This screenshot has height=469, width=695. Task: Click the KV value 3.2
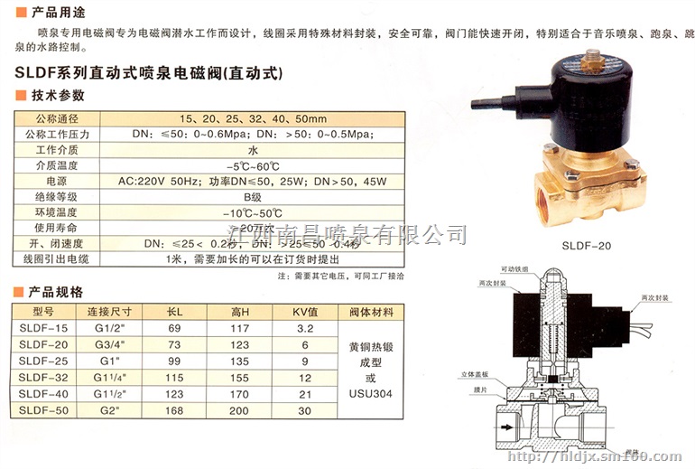[x=305, y=328]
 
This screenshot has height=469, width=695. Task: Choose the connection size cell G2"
[x=110, y=410]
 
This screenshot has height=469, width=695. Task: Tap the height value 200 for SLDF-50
[x=239, y=410]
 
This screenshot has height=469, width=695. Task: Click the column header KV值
[x=305, y=312]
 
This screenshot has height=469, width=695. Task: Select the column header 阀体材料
[x=371, y=312]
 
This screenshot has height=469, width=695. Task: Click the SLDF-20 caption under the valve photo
[x=587, y=245]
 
